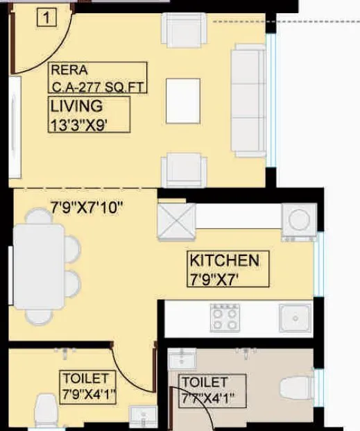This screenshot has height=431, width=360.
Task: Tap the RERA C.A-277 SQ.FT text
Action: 97,78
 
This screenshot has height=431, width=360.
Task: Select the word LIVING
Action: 76,106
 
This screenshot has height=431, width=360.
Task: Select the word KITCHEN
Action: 224,261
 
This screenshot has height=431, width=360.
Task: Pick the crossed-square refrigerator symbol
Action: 177,221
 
